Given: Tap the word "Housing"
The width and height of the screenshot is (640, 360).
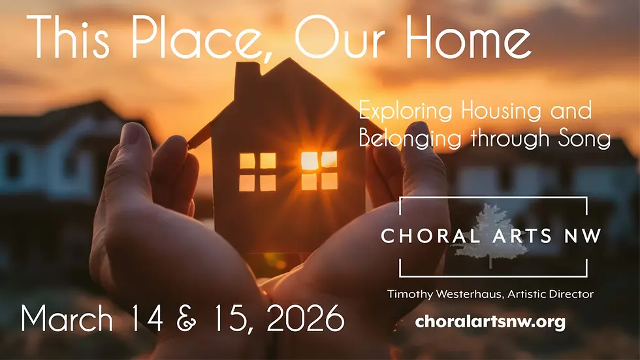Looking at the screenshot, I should [501, 111].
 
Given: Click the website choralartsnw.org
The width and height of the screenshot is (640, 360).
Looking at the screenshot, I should [490, 322].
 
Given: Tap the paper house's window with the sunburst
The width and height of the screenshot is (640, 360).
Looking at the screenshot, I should [319, 170].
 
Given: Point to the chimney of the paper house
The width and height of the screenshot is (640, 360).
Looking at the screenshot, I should [247, 80].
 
